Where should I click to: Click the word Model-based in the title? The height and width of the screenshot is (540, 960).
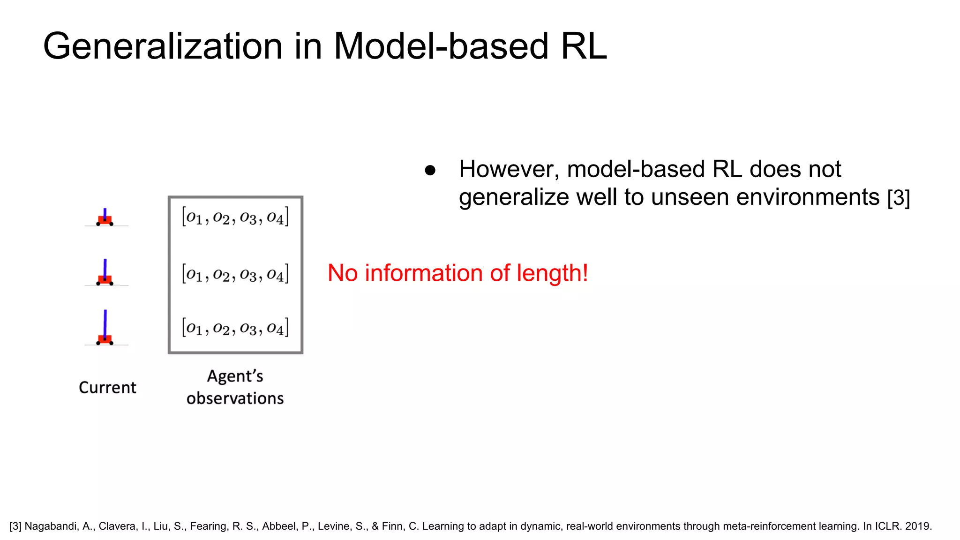point(441,47)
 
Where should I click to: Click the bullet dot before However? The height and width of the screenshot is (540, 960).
point(430,171)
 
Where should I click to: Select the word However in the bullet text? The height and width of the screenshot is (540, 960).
point(509,170)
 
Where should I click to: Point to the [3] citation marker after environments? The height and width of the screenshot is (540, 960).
point(898,198)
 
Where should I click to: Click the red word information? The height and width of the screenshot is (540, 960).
point(424,273)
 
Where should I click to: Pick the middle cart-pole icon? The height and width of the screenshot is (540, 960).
point(105,274)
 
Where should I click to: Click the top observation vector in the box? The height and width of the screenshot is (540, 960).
point(235,217)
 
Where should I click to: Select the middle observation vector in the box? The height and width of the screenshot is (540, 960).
point(235,274)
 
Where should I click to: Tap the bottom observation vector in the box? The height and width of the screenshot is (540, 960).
point(235,328)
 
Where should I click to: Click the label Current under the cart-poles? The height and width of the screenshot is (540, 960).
point(107,388)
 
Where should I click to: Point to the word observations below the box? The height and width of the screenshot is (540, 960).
point(235,398)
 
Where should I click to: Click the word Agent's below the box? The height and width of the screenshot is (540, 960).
point(235,376)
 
